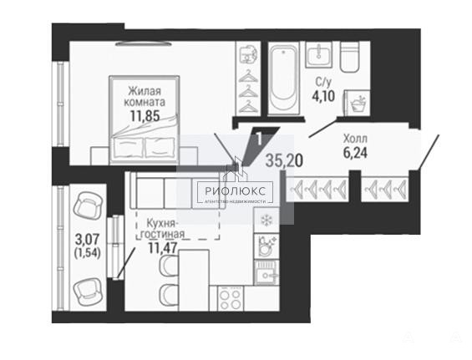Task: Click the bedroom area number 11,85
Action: (x=145, y=115)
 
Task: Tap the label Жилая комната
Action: (x=145, y=96)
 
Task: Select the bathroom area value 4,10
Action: (x=323, y=97)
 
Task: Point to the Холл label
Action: (x=355, y=139)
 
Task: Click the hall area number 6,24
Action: (x=355, y=153)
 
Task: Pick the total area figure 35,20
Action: (x=285, y=161)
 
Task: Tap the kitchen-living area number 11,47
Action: (x=163, y=247)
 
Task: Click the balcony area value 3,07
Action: (x=87, y=240)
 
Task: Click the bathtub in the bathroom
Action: (x=283, y=78)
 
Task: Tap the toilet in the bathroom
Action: (x=350, y=57)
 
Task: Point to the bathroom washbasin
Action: (x=319, y=54)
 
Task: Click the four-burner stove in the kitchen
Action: (x=231, y=298)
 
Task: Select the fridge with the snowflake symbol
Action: (x=266, y=221)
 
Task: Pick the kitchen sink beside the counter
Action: (x=266, y=273)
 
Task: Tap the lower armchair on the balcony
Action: (x=88, y=291)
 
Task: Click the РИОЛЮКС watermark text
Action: (x=236, y=190)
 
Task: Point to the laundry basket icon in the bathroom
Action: (x=358, y=104)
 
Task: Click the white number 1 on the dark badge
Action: (x=259, y=139)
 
